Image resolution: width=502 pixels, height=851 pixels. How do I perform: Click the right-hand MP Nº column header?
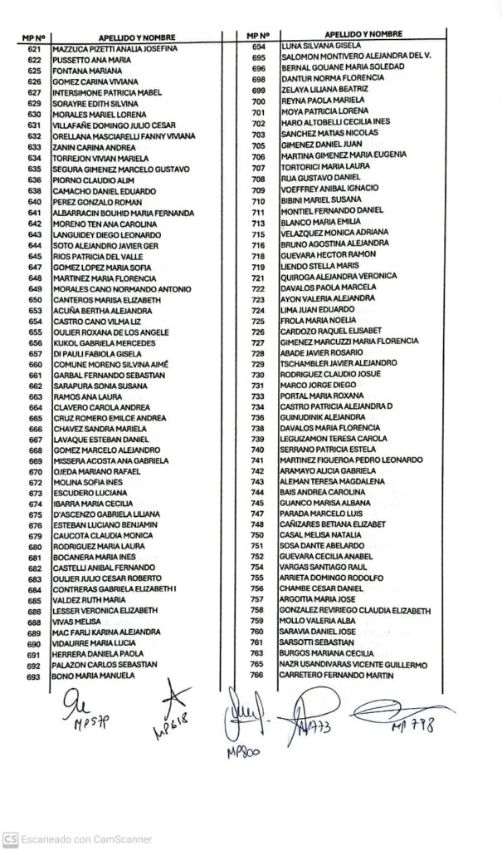pyautogui.click(x=258, y=35)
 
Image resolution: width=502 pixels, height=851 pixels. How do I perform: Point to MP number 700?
pyautogui.click(x=257, y=101)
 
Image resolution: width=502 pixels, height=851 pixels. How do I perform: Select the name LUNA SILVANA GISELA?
pyautogui.click(x=319, y=47)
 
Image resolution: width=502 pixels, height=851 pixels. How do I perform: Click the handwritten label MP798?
pyautogui.click(x=413, y=728)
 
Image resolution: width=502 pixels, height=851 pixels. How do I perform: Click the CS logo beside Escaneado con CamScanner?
pyautogui.click(x=10, y=839)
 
